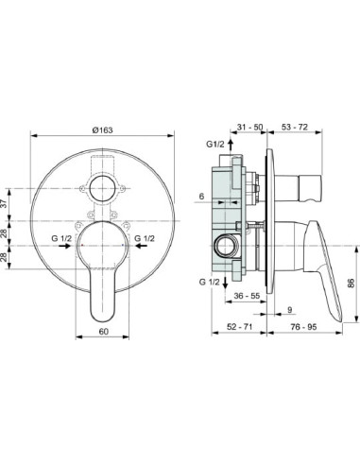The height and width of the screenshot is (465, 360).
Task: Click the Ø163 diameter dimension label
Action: point(102,129)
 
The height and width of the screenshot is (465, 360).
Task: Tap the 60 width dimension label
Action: point(104,332)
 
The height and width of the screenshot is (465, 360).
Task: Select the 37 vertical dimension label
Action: point(4,204)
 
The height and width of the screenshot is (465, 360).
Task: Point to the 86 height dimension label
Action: point(351,283)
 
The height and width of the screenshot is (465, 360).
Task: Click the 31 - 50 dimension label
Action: point(249,127)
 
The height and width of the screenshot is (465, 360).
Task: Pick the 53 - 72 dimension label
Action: point(295,127)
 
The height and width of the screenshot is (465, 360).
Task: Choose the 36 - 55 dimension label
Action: point(247,296)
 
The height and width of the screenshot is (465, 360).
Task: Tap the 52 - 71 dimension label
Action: point(239,327)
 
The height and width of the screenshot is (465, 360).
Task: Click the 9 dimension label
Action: point(290,310)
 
